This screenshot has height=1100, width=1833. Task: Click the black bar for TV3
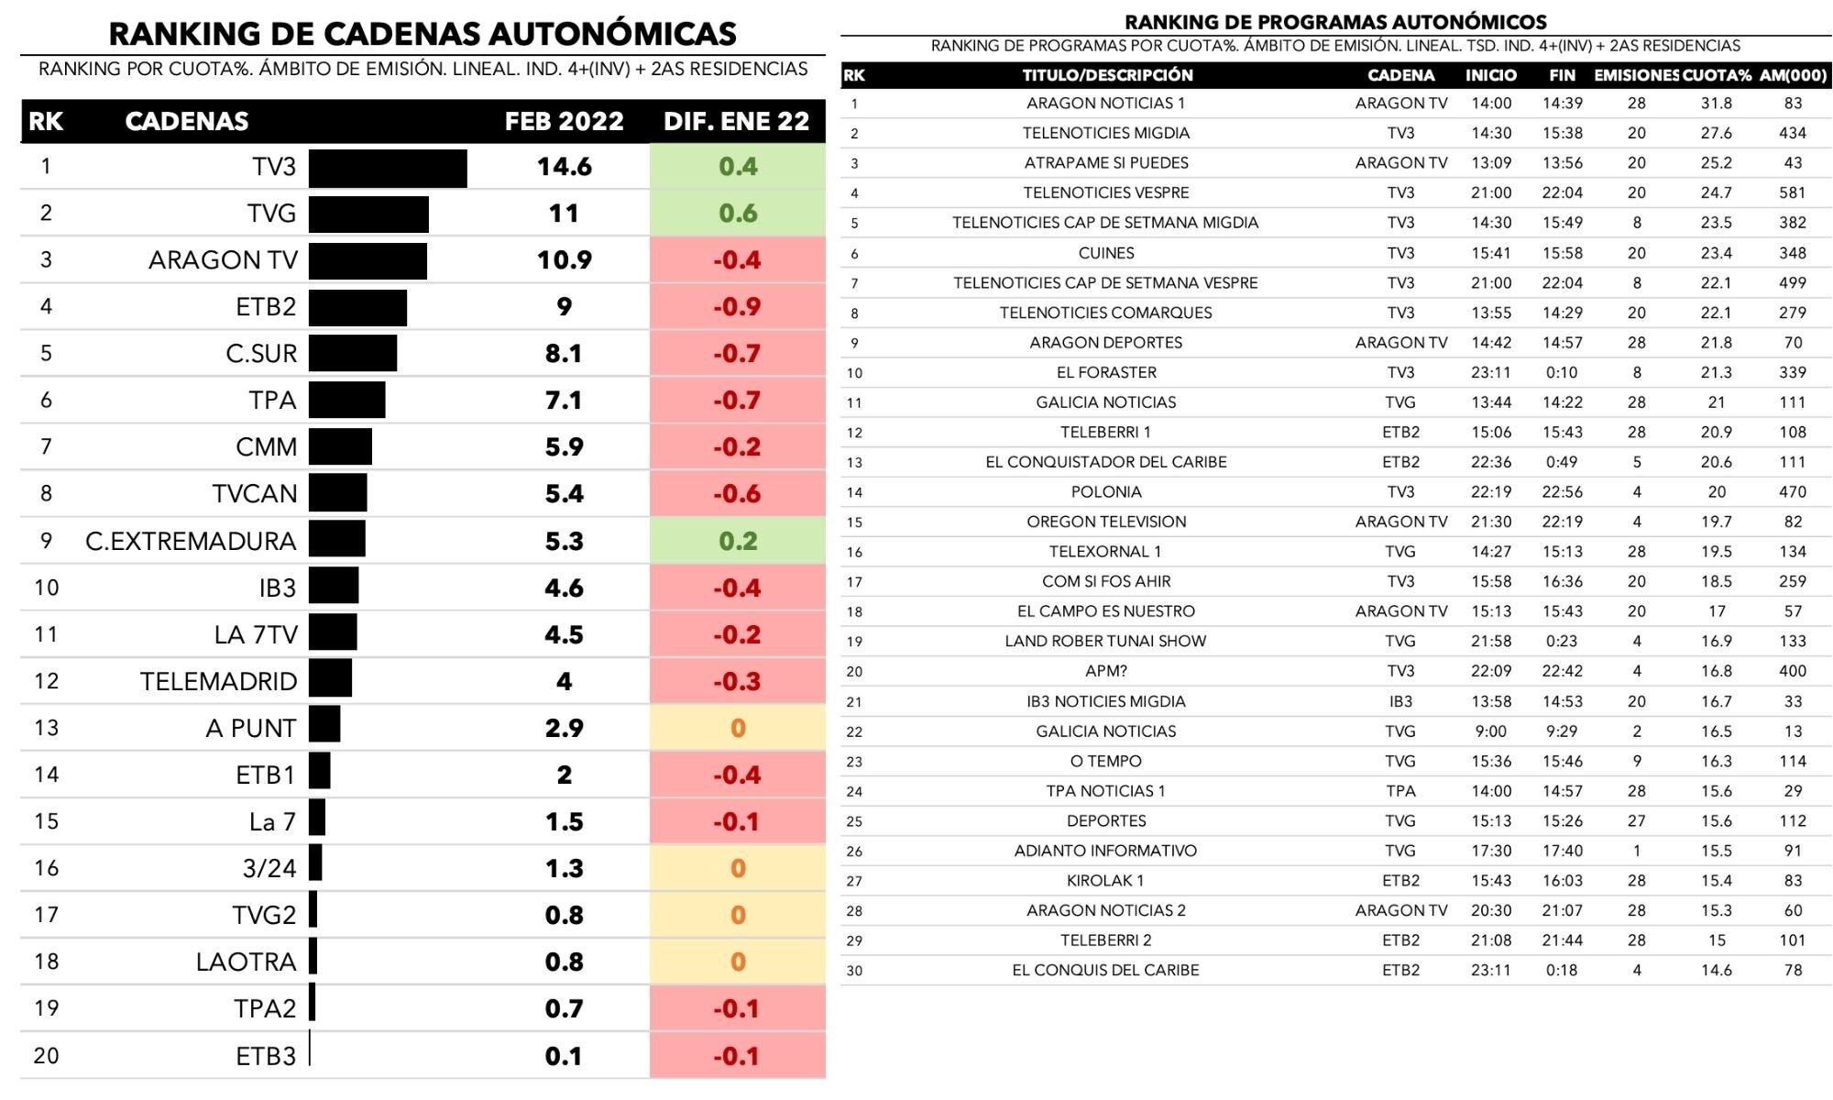click(388, 168)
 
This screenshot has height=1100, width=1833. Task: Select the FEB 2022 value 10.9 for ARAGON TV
click(564, 260)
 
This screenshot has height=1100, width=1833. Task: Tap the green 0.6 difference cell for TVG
click(738, 214)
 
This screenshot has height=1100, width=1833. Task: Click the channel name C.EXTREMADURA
click(191, 541)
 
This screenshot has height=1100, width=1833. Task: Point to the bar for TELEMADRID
click(330, 680)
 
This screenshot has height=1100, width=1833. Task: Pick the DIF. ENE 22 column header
click(737, 121)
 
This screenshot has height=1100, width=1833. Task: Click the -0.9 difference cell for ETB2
click(738, 307)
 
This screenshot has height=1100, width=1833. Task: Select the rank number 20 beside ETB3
click(46, 1055)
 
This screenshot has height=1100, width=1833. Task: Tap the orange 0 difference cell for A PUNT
click(738, 728)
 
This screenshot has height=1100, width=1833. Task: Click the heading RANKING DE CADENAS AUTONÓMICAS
click(423, 34)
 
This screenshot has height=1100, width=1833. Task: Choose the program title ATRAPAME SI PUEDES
click(1106, 163)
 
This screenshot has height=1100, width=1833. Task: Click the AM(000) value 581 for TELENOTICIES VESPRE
click(1792, 193)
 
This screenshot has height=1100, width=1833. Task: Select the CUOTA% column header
click(1717, 75)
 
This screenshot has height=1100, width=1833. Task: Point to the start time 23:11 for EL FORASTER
click(1491, 372)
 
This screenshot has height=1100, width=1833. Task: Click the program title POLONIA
click(1106, 492)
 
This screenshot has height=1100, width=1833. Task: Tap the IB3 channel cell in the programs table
click(1400, 701)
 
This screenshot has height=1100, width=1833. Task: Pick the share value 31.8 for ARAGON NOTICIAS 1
click(1717, 104)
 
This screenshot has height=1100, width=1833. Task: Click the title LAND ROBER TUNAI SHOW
click(1105, 642)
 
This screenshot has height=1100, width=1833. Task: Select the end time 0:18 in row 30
click(1562, 970)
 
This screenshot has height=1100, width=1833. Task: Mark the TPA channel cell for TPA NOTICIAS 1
click(1400, 791)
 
